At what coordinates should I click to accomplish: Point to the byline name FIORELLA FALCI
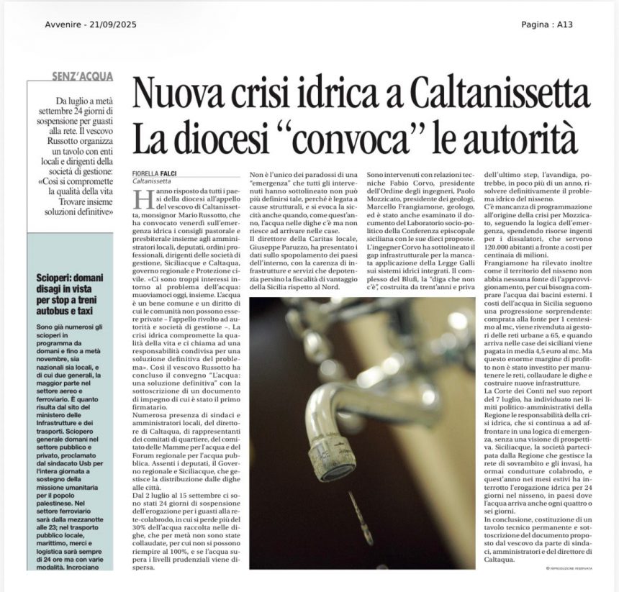coord(153,174)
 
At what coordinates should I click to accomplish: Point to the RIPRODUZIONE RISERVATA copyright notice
coord(569,568)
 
